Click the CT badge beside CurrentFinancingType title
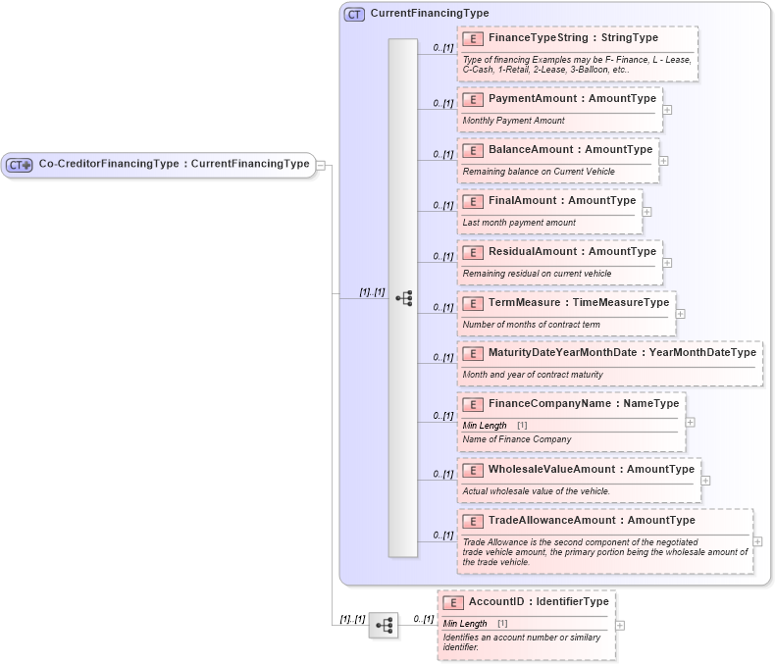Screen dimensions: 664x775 (354, 14)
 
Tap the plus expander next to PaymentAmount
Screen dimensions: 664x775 (667, 109)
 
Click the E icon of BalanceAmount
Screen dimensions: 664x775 (473, 150)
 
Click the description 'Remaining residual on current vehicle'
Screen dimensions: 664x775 (537, 274)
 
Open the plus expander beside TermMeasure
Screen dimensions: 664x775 (681, 314)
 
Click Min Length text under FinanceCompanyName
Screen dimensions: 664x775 (485, 426)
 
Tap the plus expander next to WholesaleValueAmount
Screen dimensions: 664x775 (706, 481)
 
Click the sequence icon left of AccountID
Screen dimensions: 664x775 (384, 625)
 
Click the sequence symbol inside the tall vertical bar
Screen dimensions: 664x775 (403, 298)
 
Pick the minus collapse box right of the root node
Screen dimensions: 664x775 (321, 165)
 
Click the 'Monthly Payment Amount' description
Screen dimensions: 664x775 (513, 121)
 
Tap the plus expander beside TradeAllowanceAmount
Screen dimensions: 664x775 (757, 541)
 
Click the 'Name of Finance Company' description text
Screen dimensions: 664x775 (516, 439)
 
